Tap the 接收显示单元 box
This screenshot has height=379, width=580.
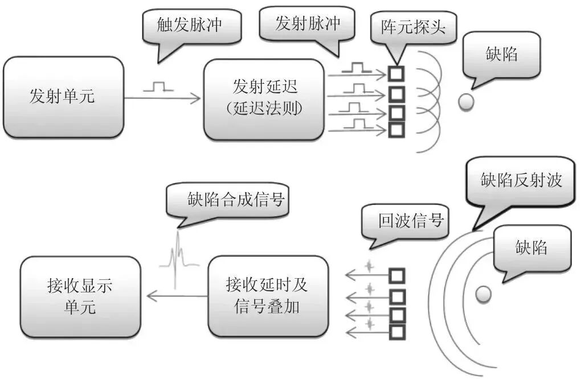pos(80,296)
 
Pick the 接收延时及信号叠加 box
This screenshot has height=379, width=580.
pos(268,296)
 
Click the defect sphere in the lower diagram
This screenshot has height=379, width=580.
pos(483,294)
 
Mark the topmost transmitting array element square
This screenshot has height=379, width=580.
pos(396,73)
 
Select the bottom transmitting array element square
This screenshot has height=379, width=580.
pos(396,129)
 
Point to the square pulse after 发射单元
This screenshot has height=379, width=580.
pos(158,87)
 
